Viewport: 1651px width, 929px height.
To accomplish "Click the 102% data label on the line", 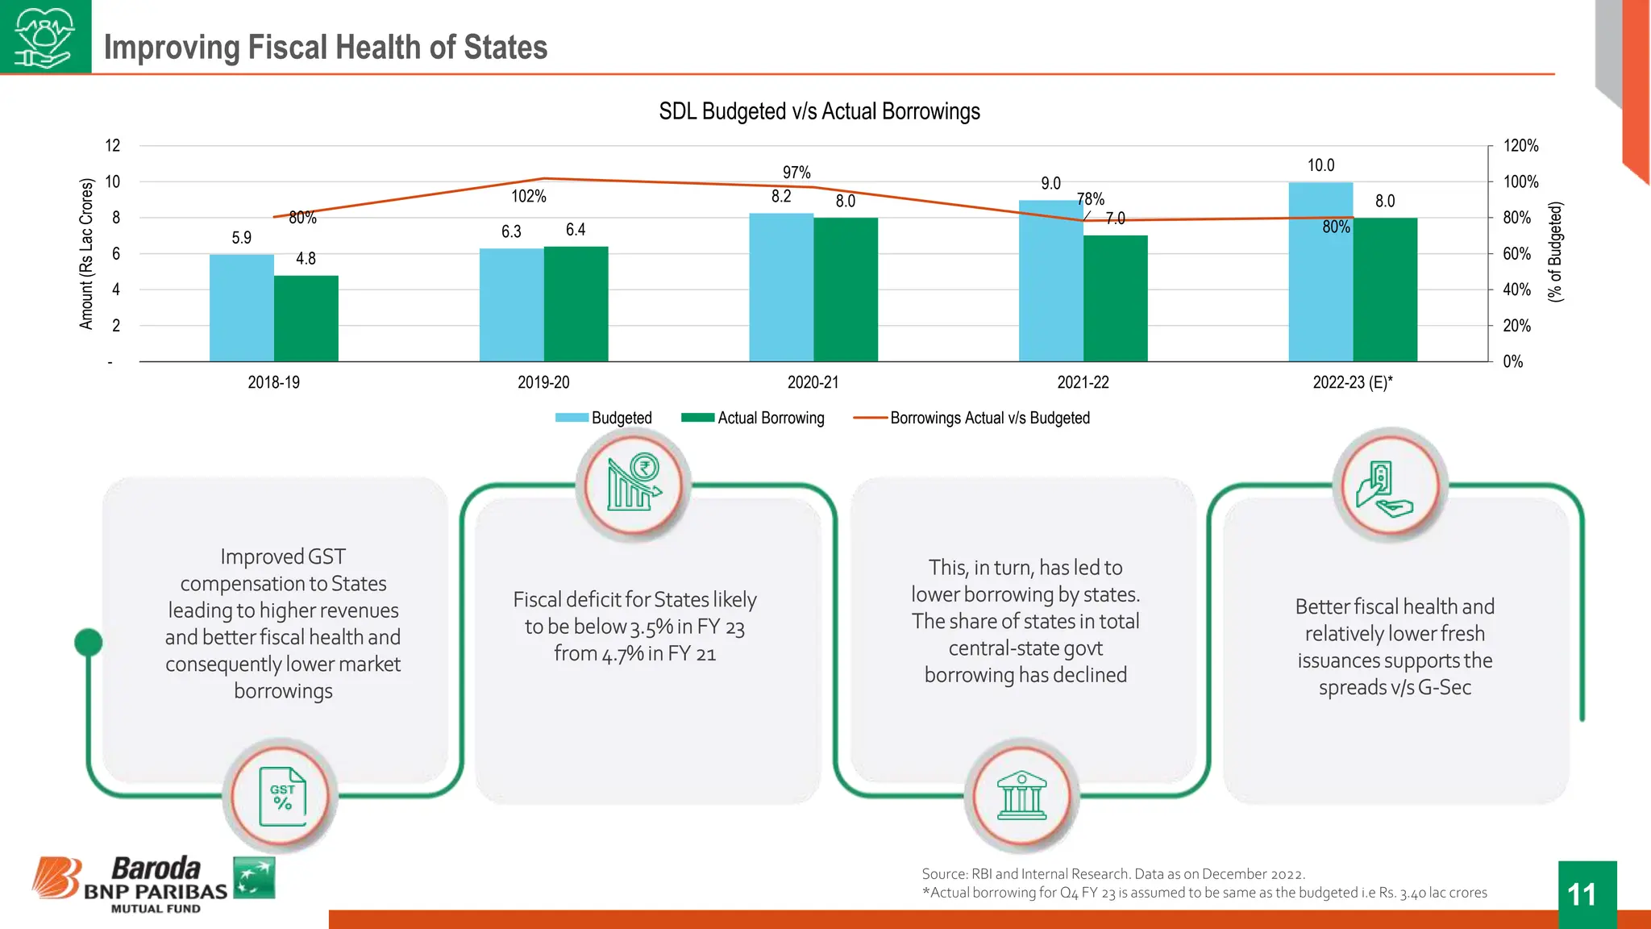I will point(529,196).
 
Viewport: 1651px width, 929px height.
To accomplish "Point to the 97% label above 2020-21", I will point(796,173).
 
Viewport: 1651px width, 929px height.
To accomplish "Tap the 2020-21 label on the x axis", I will point(813,382).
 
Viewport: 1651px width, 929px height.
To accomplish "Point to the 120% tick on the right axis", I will point(1520,146).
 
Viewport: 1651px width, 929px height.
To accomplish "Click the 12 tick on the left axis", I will point(113,146).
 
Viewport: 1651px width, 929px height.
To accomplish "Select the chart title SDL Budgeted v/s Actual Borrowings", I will point(819,111).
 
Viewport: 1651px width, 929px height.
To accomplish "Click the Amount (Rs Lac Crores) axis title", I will point(86,254).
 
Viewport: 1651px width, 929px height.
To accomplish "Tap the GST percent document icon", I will point(282,797).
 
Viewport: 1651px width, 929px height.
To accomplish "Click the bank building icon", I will point(1021,796).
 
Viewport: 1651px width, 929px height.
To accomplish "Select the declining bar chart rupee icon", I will point(634,484).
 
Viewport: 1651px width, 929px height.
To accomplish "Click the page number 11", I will point(1581,894).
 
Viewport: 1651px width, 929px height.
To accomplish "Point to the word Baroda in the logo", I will point(156,869).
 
